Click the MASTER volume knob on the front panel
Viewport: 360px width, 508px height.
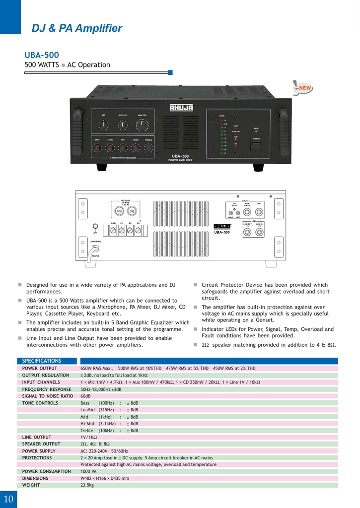pyautogui.click(x=142, y=125)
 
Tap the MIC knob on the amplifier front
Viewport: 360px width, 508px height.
pyautogui.click(x=104, y=125)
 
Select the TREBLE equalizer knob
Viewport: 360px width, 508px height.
pyautogui.click(x=148, y=148)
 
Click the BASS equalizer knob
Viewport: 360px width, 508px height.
pyautogui.click(x=98, y=148)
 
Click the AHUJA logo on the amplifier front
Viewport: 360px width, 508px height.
pyautogui.click(x=181, y=108)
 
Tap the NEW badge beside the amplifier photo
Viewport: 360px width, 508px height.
pyautogui.click(x=304, y=89)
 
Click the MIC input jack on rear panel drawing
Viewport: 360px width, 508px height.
pyautogui.click(x=259, y=212)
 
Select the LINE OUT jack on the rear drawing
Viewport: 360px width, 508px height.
pyautogui.click(x=247, y=232)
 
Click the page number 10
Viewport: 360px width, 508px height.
pyautogui.click(x=8, y=499)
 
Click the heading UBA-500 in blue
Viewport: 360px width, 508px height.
pyautogui.click(x=42, y=55)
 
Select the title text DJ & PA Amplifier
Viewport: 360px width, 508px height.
pyautogui.click(x=77, y=28)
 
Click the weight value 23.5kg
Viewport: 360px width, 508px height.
pyautogui.click(x=87, y=485)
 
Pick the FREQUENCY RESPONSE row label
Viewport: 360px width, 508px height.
pyautogui.click(x=47, y=389)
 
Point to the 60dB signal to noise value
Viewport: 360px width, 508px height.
pyautogui.click(x=85, y=396)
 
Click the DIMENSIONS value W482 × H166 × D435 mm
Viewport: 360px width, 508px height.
pyautogui.click(x=105, y=478)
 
